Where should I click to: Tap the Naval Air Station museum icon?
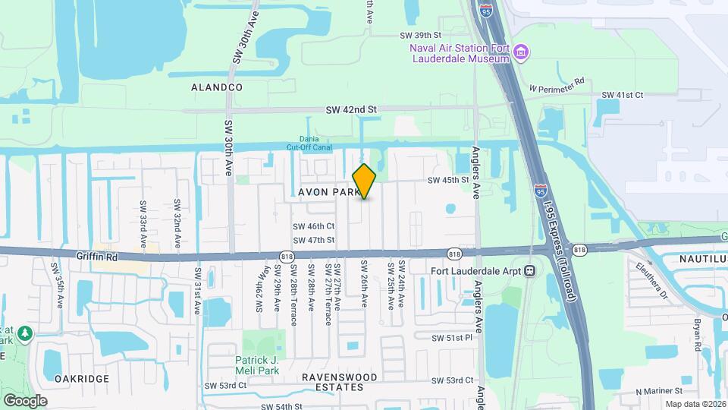521,52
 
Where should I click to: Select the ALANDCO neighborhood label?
217,87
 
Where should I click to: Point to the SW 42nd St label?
351,109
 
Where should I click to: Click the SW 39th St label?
420,35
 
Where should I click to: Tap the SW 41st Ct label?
622,94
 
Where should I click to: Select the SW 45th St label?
448,180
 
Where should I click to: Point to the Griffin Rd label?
97,257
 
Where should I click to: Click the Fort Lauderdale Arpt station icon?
530,270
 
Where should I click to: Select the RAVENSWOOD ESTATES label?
339,382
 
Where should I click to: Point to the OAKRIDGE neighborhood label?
82,378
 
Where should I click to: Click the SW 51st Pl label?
452,338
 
